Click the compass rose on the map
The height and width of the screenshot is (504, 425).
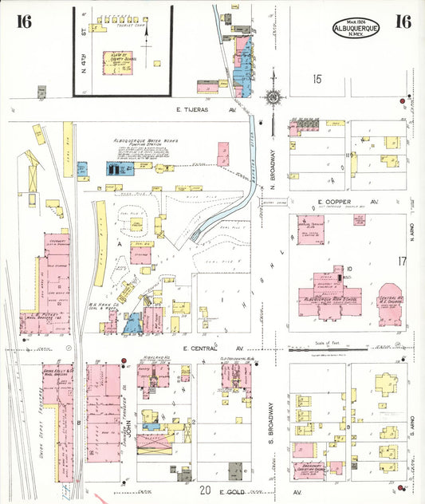click(273, 97)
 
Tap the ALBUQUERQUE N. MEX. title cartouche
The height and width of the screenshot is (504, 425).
click(356, 27)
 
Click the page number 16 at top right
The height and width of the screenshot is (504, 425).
click(403, 22)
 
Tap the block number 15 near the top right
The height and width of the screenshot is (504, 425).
click(317, 78)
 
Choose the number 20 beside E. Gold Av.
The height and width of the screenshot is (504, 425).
click(205, 490)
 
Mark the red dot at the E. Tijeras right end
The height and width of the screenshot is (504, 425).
click(413, 102)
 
